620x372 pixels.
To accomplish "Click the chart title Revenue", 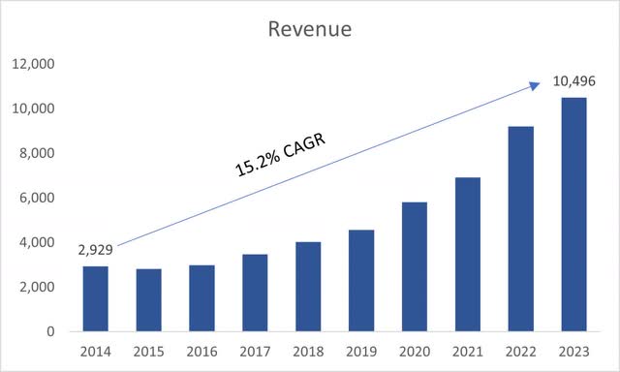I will click(x=310, y=29).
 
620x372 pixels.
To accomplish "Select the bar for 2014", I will click(x=96, y=298).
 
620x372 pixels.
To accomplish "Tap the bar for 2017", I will click(x=255, y=293).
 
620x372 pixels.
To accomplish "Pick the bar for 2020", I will click(x=415, y=266).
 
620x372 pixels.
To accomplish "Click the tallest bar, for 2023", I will click(x=573, y=214).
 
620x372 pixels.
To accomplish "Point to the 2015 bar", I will click(x=148, y=300).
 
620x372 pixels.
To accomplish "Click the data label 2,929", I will click(x=95, y=250).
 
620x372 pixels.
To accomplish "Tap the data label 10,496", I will click(x=573, y=81).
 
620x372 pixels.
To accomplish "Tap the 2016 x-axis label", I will click(x=201, y=350).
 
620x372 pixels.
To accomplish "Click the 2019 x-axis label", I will click(x=361, y=350).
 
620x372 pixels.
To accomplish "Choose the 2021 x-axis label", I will click(x=467, y=350).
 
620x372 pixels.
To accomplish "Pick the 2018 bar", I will click(x=308, y=287).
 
